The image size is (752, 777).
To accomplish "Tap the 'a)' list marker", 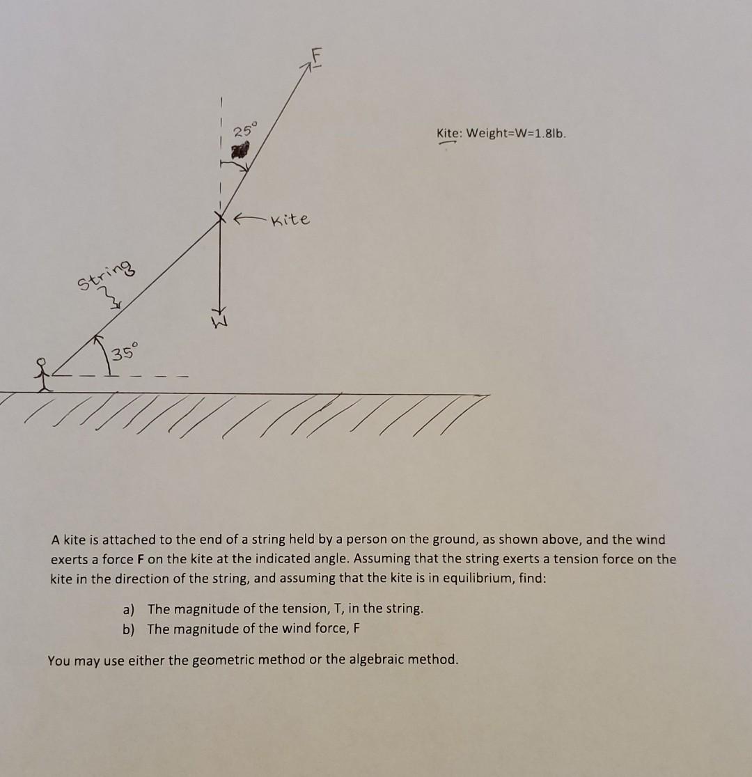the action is point(129,609).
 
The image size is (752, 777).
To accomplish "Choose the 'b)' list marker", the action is point(129,629).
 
